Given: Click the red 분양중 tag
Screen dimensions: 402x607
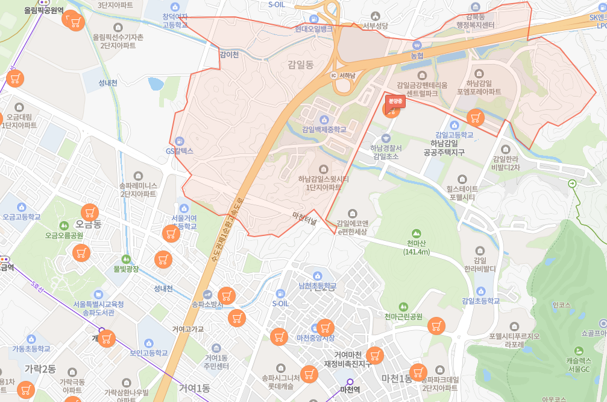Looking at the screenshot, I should pyautogui.click(x=395, y=101).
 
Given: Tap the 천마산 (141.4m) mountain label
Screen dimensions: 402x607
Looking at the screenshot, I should pyautogui.click(x=415, y=247).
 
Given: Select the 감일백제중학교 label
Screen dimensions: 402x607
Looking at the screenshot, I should pyautogui.click(x=324, y=129).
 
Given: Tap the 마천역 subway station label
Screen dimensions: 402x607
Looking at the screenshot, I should pyautogui.click(x=350, y=389).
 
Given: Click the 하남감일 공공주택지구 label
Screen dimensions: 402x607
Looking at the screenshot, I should pyautogui.click(x=453, y=148).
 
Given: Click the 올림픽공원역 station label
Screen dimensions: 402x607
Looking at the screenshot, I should pyautogui.click(x=43, y=10).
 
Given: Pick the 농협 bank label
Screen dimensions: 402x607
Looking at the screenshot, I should pyautogui.click(x=417, y=56).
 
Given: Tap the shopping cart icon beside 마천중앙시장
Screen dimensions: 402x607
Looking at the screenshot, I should pyautogui.click(x=325, y=328).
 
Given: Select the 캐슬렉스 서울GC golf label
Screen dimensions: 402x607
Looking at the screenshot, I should pyautogui.click(x=579, y=364).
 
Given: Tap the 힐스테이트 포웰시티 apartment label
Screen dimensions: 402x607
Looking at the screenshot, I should pyautogui.click(x=461, y=193).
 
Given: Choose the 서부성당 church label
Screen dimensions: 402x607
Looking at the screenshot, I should pyautogui.click(x=376, y=25).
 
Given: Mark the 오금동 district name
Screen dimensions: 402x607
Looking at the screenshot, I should pyautogui.click(x=88, y=224).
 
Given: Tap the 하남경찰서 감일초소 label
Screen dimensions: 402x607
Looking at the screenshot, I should pyautogui.click(x=386, y=152).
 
